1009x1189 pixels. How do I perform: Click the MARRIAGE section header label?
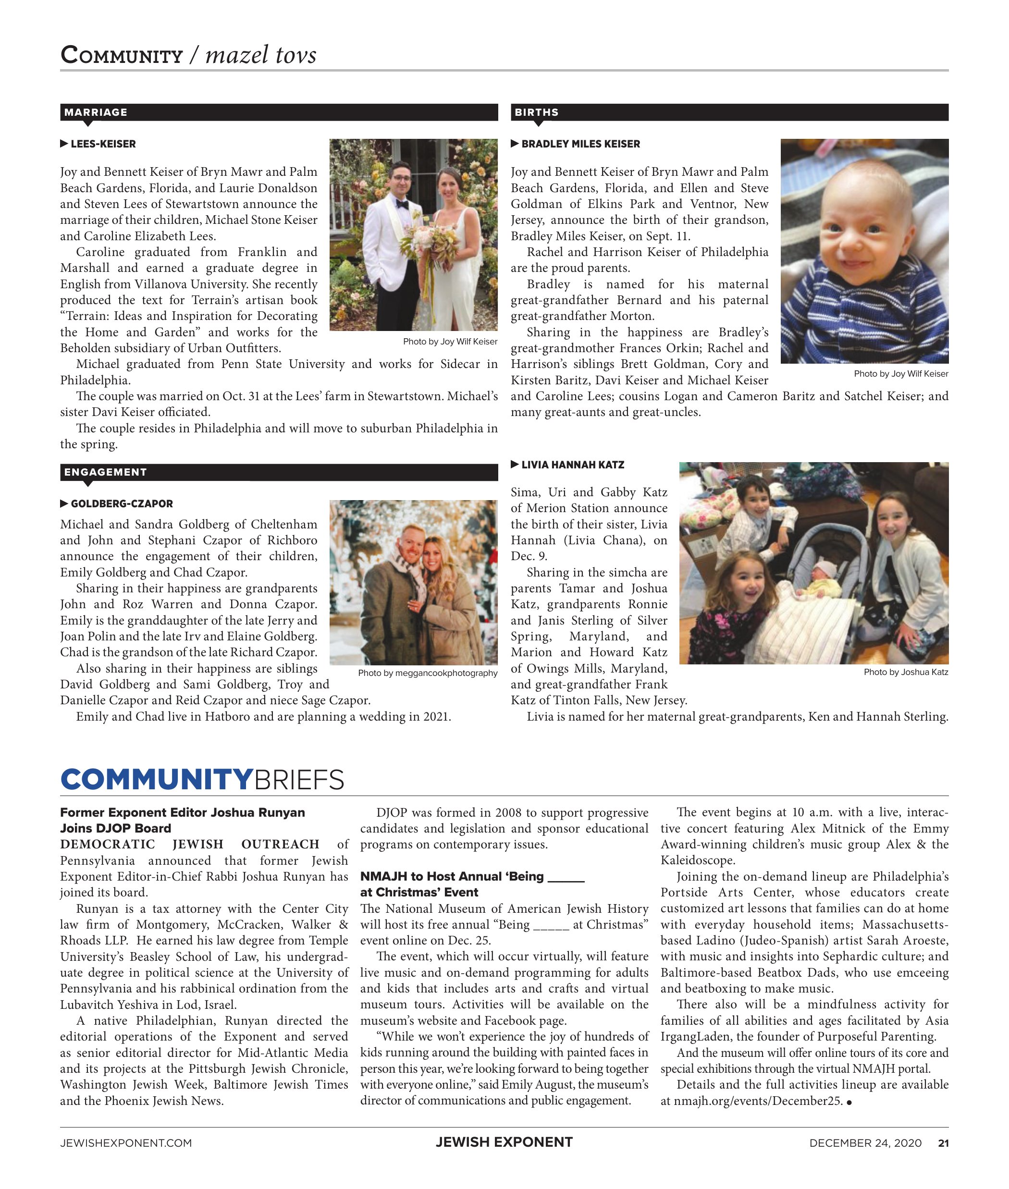[96, 112]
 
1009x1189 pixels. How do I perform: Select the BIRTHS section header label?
[536, 112]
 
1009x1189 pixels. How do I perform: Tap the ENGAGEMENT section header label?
[105, 472]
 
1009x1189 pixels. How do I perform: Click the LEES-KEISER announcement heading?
[103, 144]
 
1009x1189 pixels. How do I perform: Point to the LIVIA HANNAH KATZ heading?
[573, 465]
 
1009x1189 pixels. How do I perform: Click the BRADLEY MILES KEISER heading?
[580, 144]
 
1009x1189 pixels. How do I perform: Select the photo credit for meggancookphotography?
[427, 673]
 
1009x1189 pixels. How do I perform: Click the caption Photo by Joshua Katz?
[906, 672]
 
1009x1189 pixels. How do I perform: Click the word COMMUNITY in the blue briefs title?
[156, 780]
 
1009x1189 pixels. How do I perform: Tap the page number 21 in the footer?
[943, 1143]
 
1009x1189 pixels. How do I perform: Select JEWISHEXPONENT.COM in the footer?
[126, 1143]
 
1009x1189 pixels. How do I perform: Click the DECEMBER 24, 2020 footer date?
[865, 1143]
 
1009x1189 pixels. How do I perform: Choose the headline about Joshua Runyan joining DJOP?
[183, 820]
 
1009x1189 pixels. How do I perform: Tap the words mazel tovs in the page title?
[261, 55]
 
